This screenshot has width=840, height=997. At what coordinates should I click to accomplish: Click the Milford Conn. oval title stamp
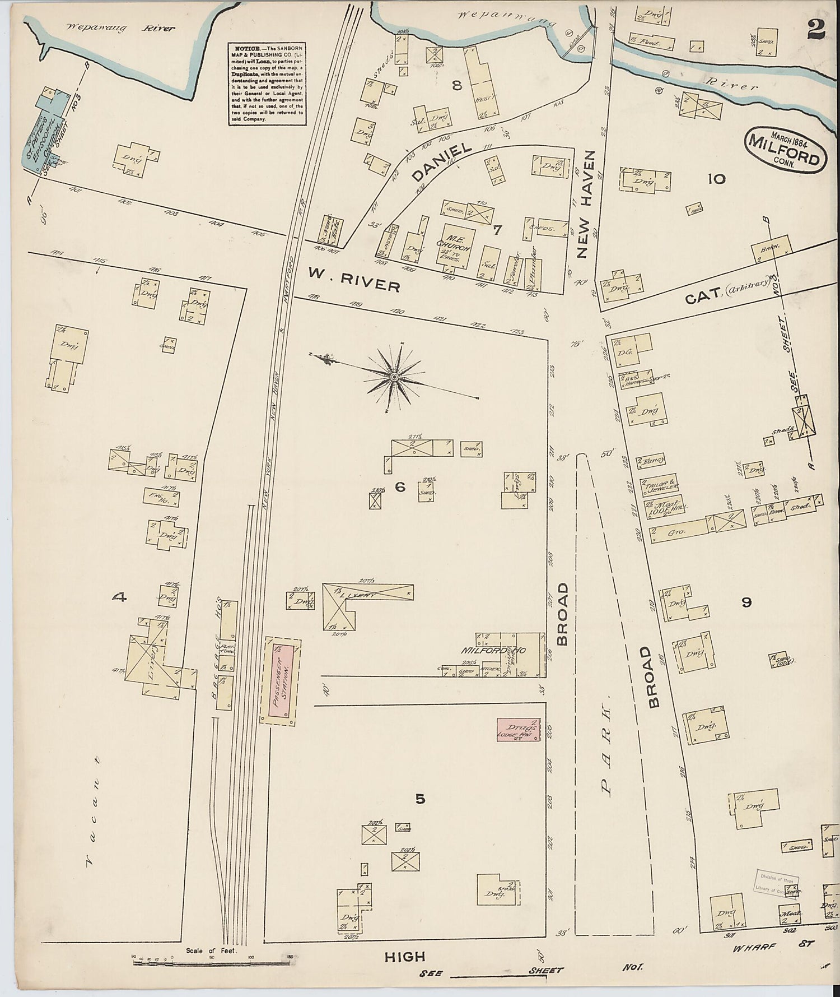786,151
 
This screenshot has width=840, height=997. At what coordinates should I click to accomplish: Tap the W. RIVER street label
353,279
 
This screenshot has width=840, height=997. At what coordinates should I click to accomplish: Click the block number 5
420,799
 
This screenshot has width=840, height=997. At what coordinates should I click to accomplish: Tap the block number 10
716,179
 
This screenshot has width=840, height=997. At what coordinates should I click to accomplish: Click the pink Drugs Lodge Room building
519,729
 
